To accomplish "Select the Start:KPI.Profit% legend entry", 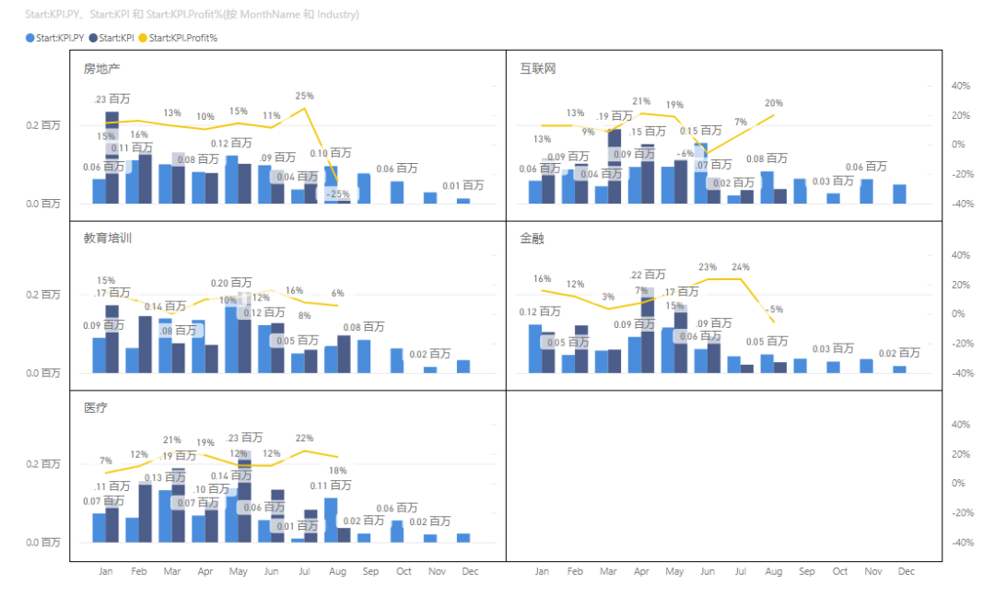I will [182, 38].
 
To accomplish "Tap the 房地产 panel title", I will [101, 69].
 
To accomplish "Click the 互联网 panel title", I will [537, 69].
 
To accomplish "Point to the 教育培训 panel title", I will [107, 239].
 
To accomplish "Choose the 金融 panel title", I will [532, 239].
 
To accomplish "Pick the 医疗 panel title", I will [96, 408].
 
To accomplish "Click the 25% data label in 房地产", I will [305, 96].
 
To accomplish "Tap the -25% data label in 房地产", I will [338, 194].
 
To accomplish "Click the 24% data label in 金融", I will [740, 267].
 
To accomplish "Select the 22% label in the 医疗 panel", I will [305, 438].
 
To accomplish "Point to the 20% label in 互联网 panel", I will [773, 103].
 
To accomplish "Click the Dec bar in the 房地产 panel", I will [463, 200].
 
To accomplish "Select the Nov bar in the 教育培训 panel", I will [430, 369].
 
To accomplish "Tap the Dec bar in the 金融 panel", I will [899, 369].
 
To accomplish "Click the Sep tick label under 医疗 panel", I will [370, 572].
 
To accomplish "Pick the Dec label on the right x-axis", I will [906, 572].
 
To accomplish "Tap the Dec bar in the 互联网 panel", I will [899, 193].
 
